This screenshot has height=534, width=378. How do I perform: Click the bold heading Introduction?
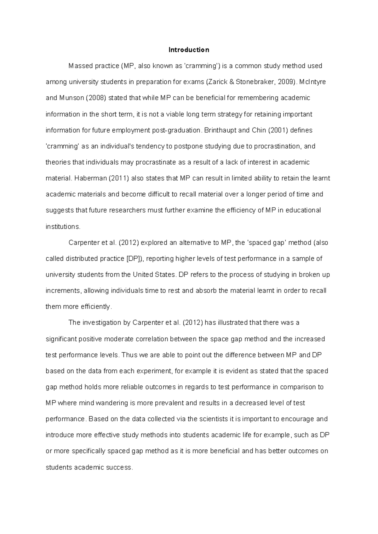click(x=189, y=50)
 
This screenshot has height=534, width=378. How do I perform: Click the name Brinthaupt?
click(x=219, y=130)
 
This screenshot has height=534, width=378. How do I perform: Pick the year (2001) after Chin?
click(x=278, y=130)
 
